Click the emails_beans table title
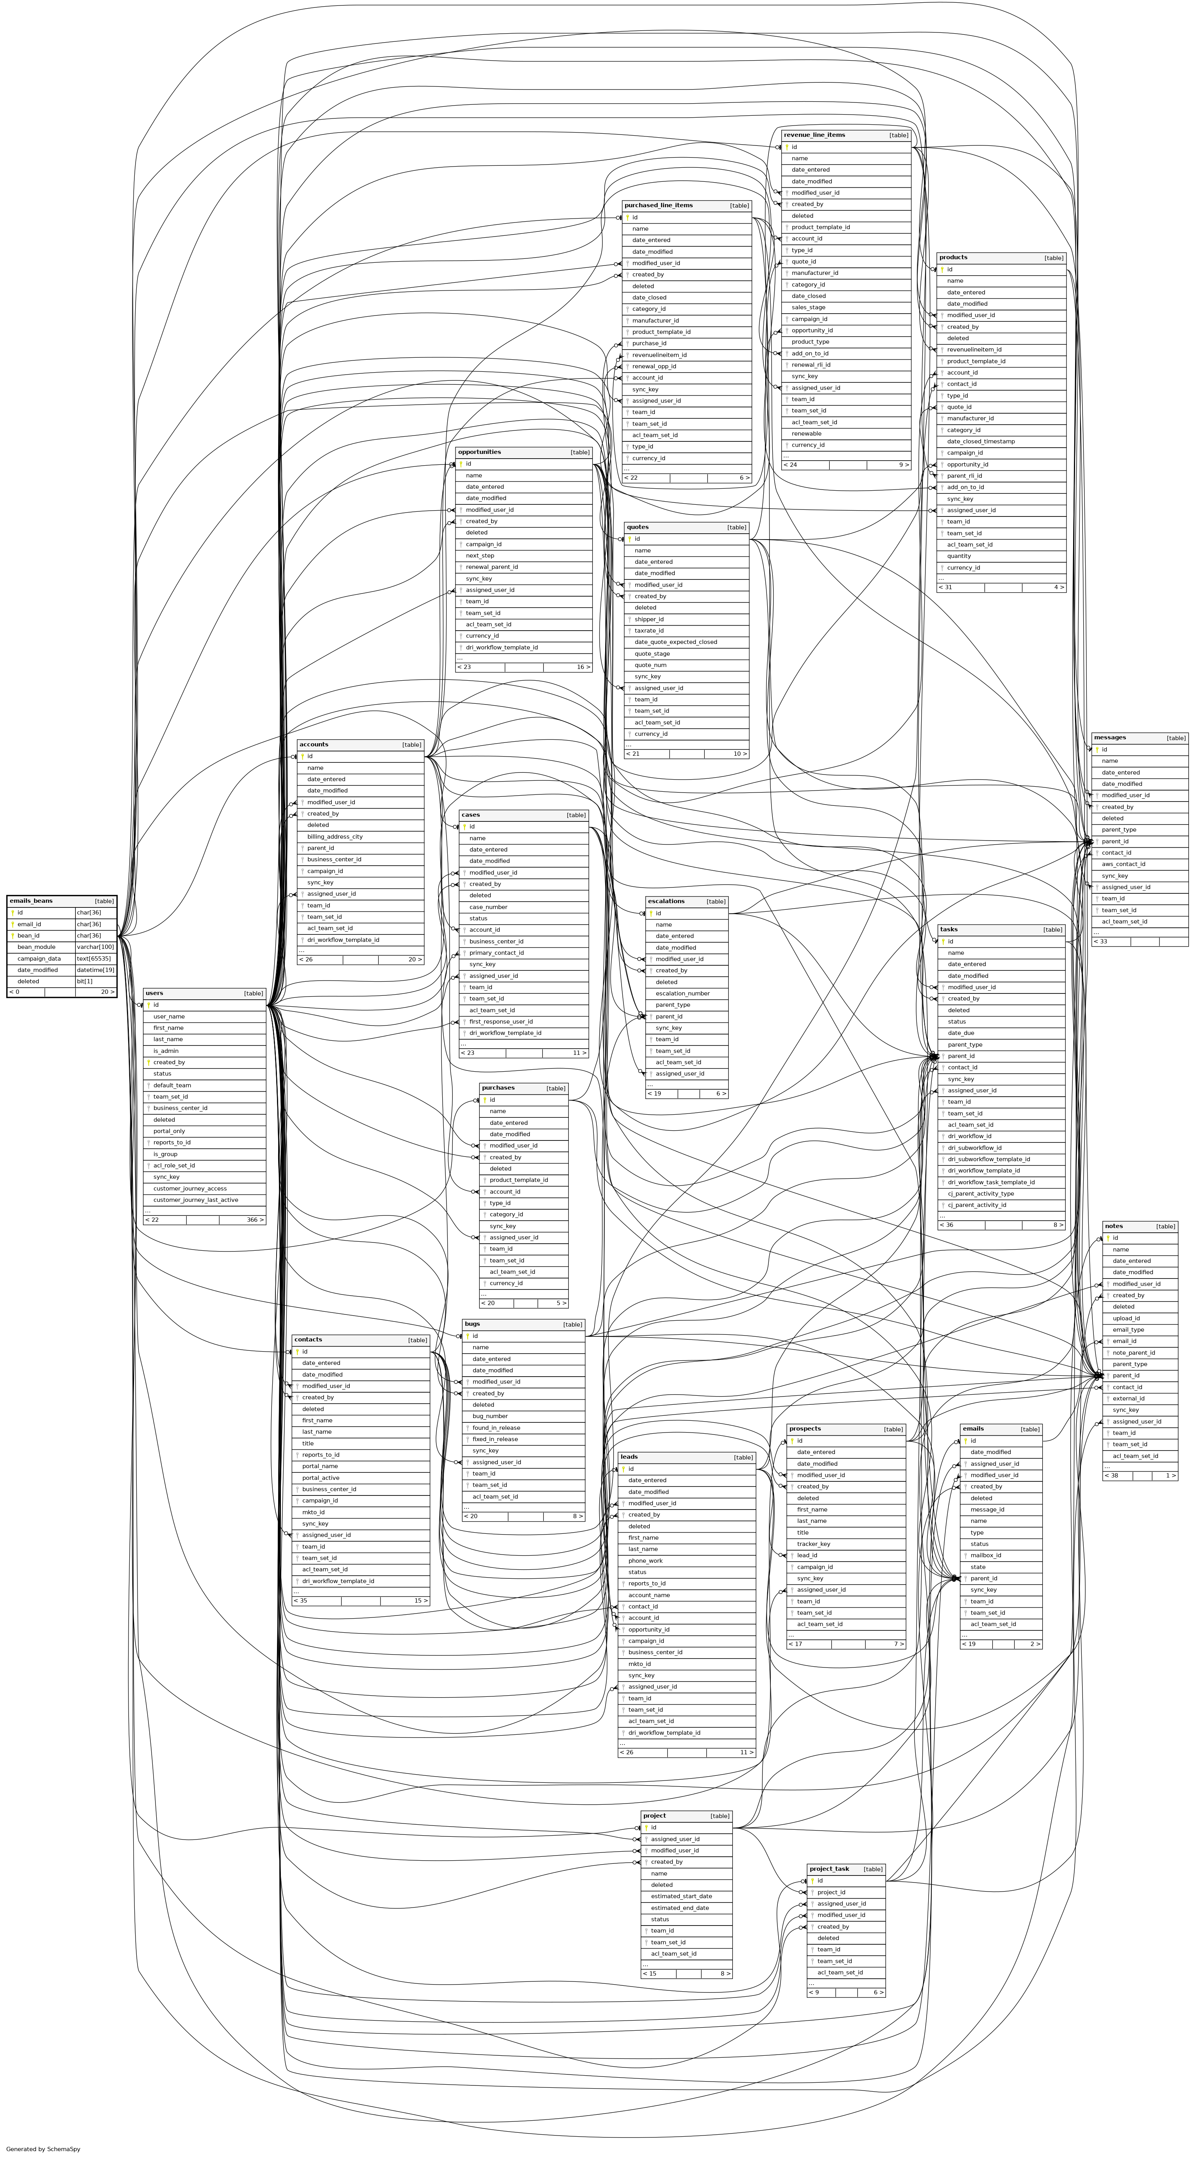click(31, 901)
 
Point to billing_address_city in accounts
click(335, 837)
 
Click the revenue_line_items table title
click(814, 135)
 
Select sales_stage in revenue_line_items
click(808, 307)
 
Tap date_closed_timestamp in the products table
click(981, 441)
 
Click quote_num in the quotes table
click(650, 665)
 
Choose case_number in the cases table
click(489, 907)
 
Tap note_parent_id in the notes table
click(1134, 1352)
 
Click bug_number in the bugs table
click(490, 1416)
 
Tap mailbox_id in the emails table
click(986, 1555)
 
